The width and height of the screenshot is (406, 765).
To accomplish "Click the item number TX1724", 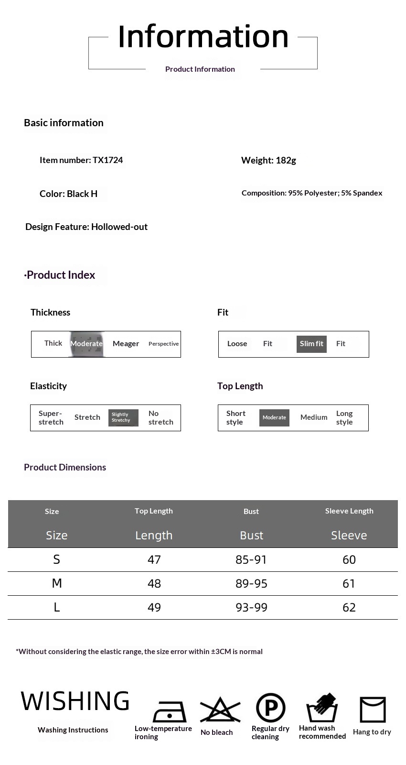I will (x=107, y=160).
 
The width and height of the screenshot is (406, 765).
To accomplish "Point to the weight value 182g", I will (x=286, y=160).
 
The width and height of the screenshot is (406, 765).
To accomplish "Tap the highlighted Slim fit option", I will (x=311, y=344).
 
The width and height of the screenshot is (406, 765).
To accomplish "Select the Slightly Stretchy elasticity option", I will (x=123, y=417).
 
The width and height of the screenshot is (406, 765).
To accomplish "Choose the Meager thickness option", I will (x=126, y=344).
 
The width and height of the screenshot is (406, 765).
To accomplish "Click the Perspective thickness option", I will (x=163, y=344).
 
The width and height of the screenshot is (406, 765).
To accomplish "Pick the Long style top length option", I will (x=344, y=417).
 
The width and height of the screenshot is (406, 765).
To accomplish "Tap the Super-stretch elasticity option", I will (x=51, y=417).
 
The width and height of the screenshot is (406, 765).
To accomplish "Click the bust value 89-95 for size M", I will (x=251, y=583).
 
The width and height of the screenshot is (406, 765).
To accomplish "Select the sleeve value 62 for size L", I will (x=349, y=607).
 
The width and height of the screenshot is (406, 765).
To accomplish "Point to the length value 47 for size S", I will (x=154, y=559).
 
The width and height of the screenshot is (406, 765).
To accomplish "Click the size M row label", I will (x=57, y=583).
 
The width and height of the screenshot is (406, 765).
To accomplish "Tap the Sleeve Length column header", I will (x=349, y=511).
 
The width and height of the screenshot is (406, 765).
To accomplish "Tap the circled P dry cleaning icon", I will (x=270, y=708).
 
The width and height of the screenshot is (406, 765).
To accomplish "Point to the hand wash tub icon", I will (x=322, y=708).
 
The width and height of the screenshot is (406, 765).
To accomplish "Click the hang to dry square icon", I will (x=373, y=710).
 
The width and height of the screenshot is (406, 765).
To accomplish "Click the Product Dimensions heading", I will (x=65, y=467).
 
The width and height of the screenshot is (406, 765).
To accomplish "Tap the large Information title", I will (x=203, y=36).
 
